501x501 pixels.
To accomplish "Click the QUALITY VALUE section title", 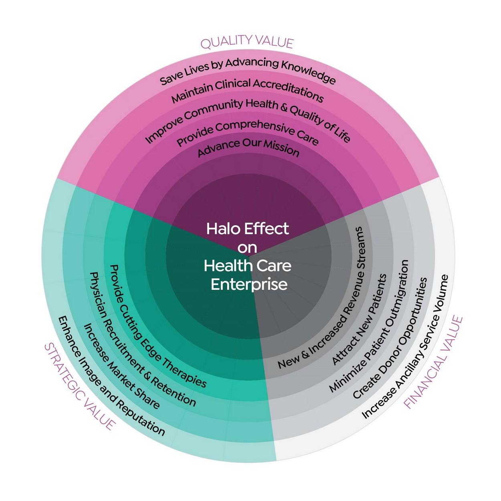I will [247, 42].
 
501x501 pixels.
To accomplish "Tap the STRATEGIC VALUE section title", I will [80, 387].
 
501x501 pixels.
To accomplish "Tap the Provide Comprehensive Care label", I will [248, 132].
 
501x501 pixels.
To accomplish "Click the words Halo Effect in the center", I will [247, 228].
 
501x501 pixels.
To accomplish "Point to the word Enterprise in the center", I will [249, 284].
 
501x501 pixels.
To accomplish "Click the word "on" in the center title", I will [247, 247].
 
